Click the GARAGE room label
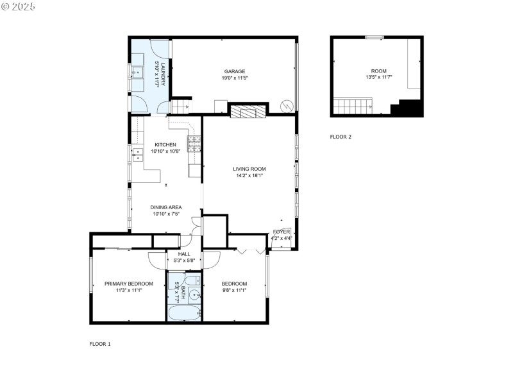tap(234, 71)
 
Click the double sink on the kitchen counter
tap(137, 154)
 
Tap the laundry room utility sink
tap(138, 72)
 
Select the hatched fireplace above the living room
tap(248, 112)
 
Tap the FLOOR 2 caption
tap(341, 137)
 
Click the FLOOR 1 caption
tap(100, 344)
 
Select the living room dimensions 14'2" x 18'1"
tap(249, 175)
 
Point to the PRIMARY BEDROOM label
tap(129, 284)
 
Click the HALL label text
tap(184, 254)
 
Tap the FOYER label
tap(282, 231)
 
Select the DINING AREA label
tap(166, 207)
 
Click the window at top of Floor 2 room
tap(374, 37)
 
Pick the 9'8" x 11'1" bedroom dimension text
tap(234, 290)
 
